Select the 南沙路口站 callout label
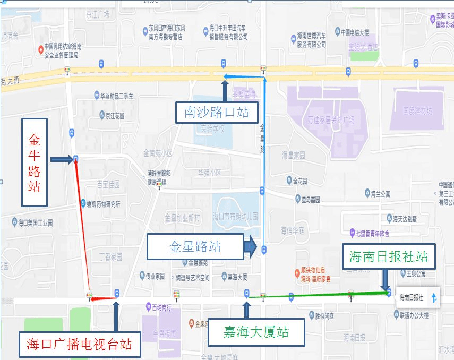click(x=217, y=112)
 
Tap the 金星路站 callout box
click(x=195, y=246)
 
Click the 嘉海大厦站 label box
click(x=256, y=332)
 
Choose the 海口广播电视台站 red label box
click(x=80, y=344)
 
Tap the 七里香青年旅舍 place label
click(x=373, y=233)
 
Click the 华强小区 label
click(x=209, y=173)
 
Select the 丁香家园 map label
click(x=110, y=256)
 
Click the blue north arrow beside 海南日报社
click(x=434, y=298)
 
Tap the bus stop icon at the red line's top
click(x=76, y=158)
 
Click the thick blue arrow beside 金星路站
click(x=251, y=247)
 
